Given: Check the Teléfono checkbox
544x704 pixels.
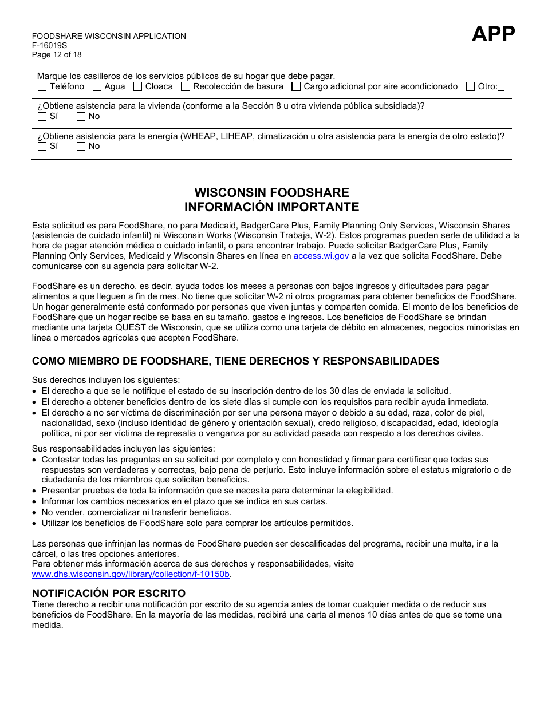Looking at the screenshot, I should coord(42,87).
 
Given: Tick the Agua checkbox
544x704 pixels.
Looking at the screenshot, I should coord(97,87).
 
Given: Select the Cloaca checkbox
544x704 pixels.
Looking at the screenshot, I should coord(137,87).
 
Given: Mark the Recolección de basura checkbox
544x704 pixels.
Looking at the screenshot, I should coord(185,87).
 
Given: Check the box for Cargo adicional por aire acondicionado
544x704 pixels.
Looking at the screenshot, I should coord(296,87).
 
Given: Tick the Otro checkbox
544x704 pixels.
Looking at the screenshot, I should coord(470,87).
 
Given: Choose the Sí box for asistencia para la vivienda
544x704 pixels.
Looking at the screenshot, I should coord(42,117).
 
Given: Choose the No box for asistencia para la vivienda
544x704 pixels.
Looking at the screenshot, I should coord(81,117).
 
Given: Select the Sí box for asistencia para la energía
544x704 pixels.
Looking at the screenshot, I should coord(42,147).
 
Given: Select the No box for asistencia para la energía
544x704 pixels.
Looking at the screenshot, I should coord(81,147).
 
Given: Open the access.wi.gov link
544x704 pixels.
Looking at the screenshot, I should coord(321,256).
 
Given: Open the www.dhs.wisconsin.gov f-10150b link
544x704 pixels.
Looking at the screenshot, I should coord(131,574).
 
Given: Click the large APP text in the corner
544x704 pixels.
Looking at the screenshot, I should coord(493,34).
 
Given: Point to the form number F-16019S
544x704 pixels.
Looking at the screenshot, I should coord(49,46).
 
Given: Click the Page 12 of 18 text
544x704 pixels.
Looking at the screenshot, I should coord(57,55).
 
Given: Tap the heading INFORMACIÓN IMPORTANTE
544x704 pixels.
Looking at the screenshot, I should coord(271,207).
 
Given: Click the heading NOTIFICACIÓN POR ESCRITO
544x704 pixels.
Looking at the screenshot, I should coord(109,593).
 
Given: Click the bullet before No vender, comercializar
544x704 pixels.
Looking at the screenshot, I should coord(36,513).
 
